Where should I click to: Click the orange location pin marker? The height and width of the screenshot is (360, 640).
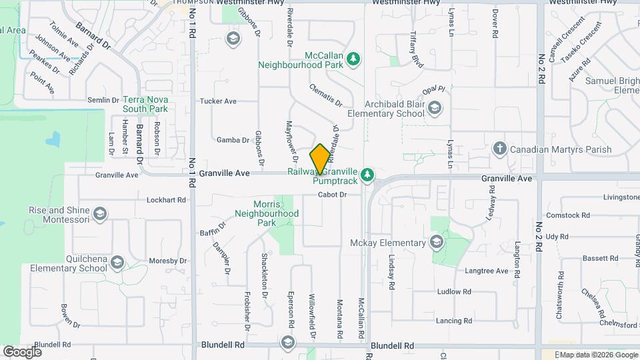(320, 159)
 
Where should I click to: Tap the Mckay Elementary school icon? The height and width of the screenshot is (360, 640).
(437, 242)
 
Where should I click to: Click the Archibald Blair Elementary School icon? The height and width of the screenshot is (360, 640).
(435, 108)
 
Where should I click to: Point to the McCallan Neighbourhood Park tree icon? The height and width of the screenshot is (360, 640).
(353, 60)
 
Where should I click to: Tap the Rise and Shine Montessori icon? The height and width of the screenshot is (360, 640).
(99, 214)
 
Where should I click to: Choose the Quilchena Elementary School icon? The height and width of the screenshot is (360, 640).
(117, 264)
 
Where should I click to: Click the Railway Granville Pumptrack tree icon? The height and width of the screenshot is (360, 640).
(367, 175)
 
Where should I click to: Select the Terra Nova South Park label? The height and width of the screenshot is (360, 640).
(145, 103)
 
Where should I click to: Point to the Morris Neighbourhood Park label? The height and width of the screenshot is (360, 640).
(265, 214)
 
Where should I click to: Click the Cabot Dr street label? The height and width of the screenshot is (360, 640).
(333, 195)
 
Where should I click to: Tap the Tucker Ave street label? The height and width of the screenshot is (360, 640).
(218, 101)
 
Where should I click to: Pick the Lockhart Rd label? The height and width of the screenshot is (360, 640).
(165, 199)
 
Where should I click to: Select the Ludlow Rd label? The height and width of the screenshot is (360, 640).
(454, 291)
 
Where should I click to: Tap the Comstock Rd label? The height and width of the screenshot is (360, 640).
(567, 215)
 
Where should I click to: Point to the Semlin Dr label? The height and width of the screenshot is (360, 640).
(103, 100)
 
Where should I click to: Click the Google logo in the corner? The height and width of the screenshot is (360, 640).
(23, 351)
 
